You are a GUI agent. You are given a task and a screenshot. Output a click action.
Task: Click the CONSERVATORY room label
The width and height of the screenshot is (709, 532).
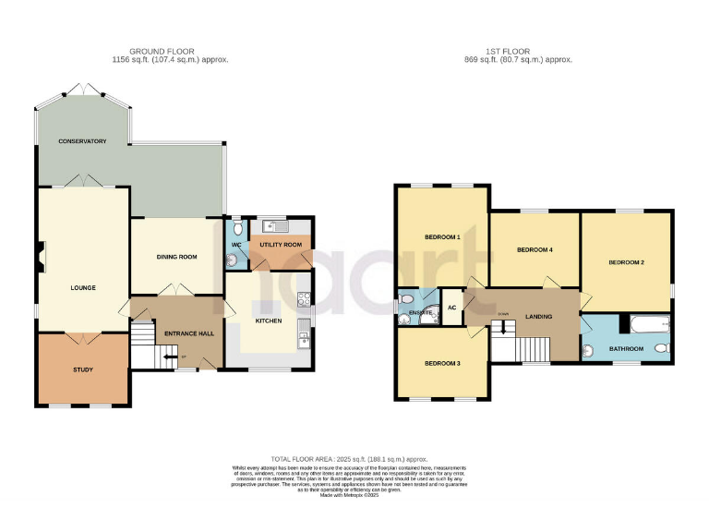tap(82, 141)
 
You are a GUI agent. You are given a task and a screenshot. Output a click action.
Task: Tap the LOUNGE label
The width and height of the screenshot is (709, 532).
tap(83, 287)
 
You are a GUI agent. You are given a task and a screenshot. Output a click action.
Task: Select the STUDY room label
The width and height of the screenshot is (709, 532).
tap(83, 370)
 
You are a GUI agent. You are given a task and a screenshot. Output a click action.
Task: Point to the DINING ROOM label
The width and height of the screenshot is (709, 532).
tap(176, 257)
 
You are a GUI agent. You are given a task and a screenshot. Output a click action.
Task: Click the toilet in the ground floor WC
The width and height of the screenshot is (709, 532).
tap(237, 227)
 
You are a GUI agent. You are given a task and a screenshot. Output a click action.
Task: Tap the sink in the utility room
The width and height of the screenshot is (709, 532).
tap(274, 225)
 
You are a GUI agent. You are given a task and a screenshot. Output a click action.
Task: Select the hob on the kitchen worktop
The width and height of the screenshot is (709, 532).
tap(304, 300)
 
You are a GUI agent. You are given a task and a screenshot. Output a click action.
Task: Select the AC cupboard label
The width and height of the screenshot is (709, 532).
tap(452, 308)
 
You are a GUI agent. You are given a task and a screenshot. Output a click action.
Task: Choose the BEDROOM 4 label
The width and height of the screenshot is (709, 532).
tap(535, 249)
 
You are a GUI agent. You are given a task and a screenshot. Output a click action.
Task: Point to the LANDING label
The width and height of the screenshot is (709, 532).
tap(538, 317)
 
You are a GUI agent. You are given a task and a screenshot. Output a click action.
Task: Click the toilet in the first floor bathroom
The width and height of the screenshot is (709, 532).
tap(659, 349)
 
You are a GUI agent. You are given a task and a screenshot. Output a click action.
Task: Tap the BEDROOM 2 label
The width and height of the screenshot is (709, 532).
tap(626, 263)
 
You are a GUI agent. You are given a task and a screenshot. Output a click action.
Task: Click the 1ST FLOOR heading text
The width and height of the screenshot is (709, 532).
tap(532, 51)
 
